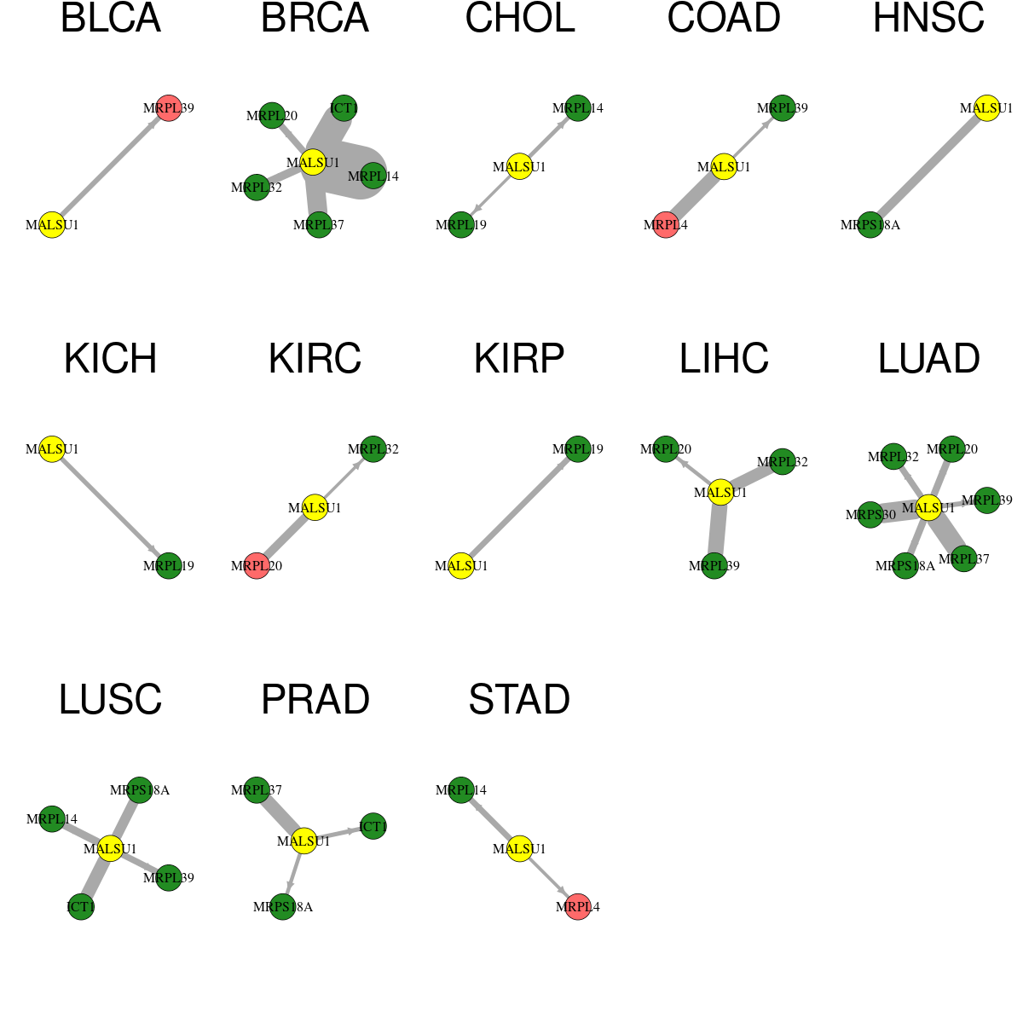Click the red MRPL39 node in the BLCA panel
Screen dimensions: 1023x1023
click(x=169, y=108)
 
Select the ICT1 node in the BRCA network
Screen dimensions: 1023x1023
click(x=344, y=108)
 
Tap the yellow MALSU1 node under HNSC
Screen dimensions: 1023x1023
click(x=987, y=108)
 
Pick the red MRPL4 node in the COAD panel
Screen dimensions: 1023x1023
click(x=666, y=225)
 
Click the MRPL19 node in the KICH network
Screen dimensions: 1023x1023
click(x=169, y=566)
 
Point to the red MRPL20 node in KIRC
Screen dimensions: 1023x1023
click(x=257, y=566)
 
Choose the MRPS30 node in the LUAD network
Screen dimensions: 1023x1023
click(x=870, y=515)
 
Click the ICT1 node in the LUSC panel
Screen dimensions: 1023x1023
click(x=81, y=907)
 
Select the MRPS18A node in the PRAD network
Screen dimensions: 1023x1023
click(x=282, y=907)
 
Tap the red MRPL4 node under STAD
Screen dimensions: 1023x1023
click(x=578, y=907)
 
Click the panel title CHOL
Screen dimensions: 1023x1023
click(x=520, y=18)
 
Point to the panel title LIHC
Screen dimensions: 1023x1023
click(x=724, y=359)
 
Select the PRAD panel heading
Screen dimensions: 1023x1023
click(x=315, y=700)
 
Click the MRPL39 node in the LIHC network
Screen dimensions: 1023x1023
click(x=714, y=566)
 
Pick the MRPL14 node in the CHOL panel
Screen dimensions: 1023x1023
click(x=578, y=108)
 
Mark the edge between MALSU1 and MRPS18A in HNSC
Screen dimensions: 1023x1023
click(x=928, y=167)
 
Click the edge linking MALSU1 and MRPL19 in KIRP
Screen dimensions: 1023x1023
click(x=520, y=507)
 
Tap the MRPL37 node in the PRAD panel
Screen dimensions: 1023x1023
click(x=257, y=790)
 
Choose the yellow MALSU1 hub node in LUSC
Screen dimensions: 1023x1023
click(x=110, y=849)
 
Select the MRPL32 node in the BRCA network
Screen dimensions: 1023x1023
click(x=257, y=188)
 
